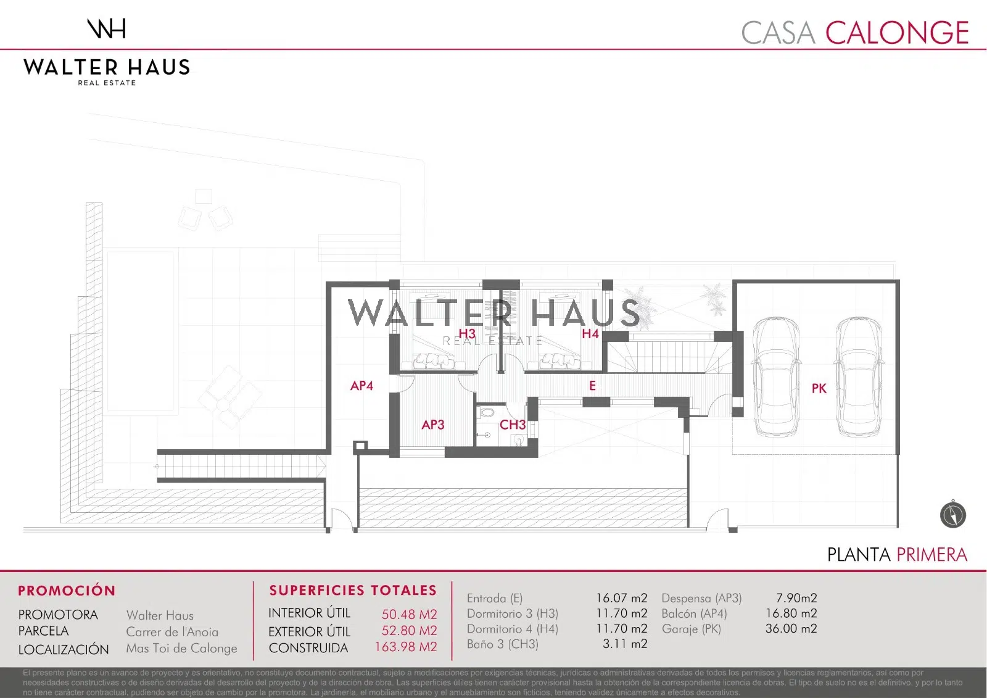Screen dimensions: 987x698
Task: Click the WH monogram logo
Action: pos(106,28)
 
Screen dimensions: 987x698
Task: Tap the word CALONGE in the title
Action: pos(897,33)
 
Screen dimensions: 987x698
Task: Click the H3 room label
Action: pos(467,334)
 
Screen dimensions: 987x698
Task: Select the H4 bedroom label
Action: pos(590,334)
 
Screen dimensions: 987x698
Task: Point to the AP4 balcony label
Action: pos(361,386)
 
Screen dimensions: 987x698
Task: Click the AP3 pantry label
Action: pos(432,425)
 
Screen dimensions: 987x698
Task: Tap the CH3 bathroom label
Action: pos(513,425)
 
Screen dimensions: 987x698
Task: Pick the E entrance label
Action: pos(593,386)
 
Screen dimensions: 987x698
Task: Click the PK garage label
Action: pos(819,388)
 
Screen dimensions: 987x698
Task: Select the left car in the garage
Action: pos(776,378)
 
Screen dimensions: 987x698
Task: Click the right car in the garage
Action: pos(858,378)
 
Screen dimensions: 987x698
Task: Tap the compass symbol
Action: pos(952,514)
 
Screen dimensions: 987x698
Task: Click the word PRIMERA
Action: pos(932,555)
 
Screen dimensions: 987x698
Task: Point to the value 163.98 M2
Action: pos(406,647)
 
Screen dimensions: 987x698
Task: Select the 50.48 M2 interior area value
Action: pos(410,614)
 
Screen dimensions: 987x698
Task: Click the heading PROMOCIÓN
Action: pos(67,591)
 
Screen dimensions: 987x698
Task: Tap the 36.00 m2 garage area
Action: pos(791,628)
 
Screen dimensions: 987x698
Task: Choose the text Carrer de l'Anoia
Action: pos(172,632)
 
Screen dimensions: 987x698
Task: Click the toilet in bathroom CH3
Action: pos(487,413)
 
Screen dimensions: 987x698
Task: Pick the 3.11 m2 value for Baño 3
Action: pos(626,644)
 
